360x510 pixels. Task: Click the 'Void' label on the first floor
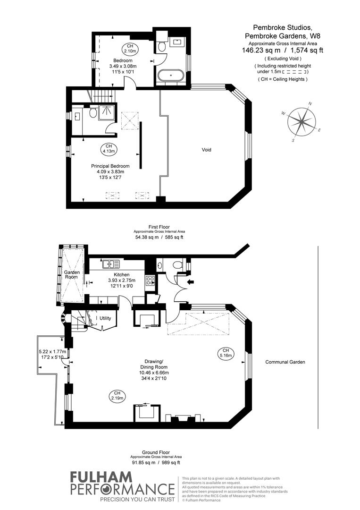pos(206,150)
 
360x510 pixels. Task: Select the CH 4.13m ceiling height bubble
pos(109,149)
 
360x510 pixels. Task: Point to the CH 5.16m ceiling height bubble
pos(225,352)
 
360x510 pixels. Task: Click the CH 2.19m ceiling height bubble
pos(117,396)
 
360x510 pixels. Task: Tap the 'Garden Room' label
pos(72,276)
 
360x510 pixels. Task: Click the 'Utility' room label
pos(105,318)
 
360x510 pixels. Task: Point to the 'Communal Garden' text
pos(285,362)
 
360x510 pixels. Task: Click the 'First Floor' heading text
pos(159,227)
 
